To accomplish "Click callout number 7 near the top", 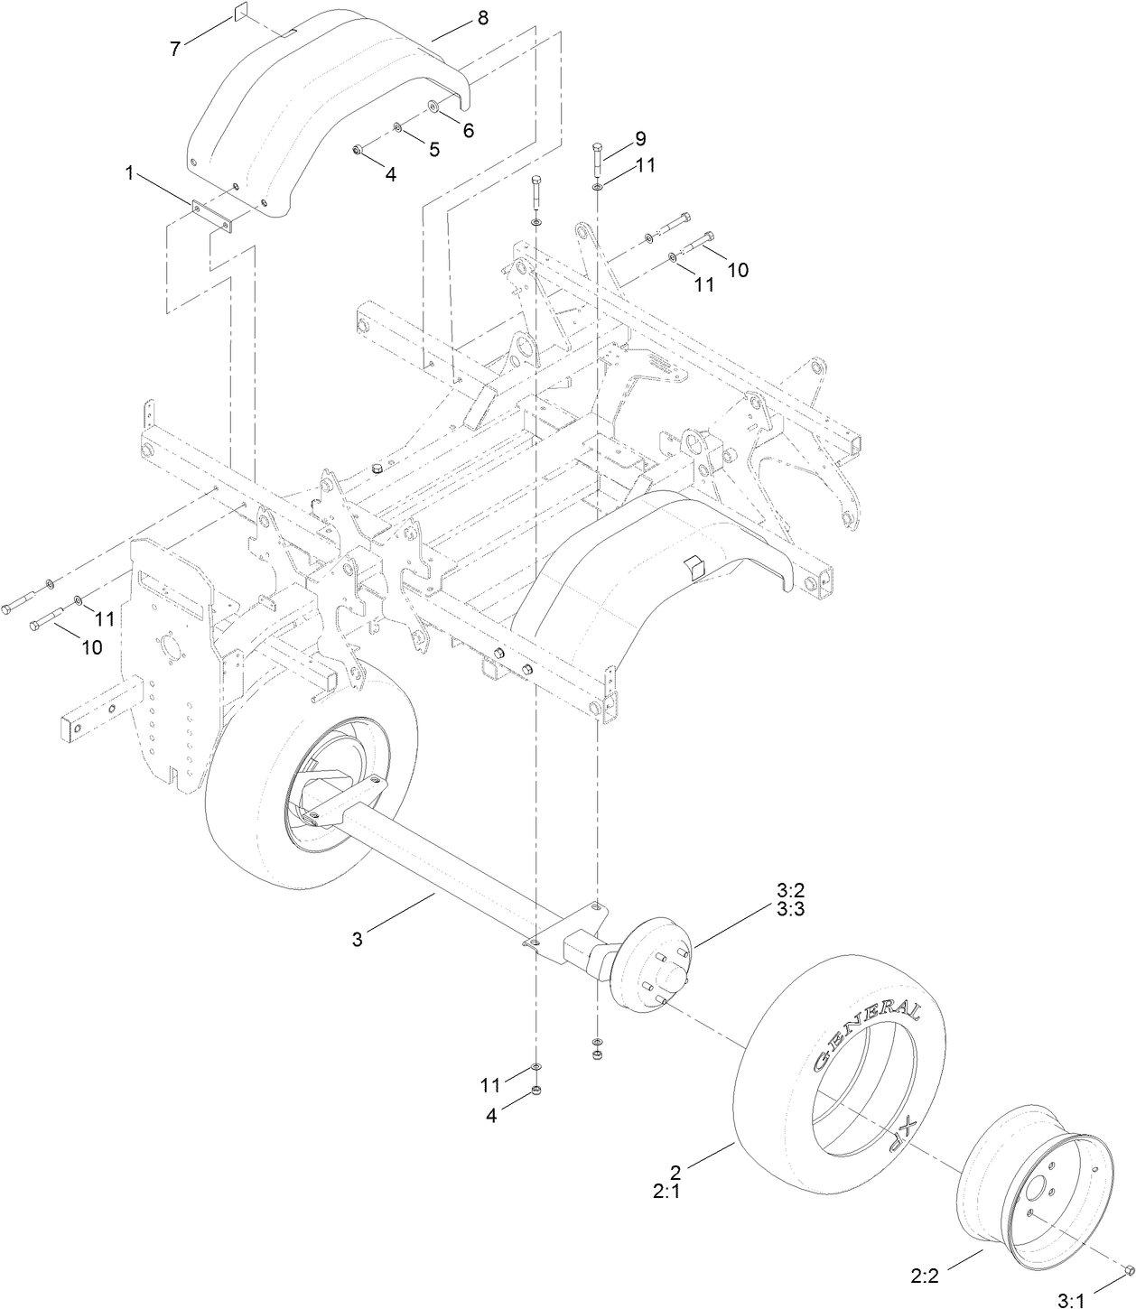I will coord(175,49).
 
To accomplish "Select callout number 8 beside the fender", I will coord(482,18).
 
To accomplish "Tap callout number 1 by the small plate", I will coord(130,173).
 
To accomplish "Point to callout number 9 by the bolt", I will coord(639,139).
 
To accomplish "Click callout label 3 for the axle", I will coord(358,939).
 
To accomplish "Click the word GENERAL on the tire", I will coord(867,1033).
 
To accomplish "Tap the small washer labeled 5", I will coord(398,128).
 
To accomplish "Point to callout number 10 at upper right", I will coord(738,270).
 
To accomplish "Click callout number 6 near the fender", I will coord(468,130).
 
